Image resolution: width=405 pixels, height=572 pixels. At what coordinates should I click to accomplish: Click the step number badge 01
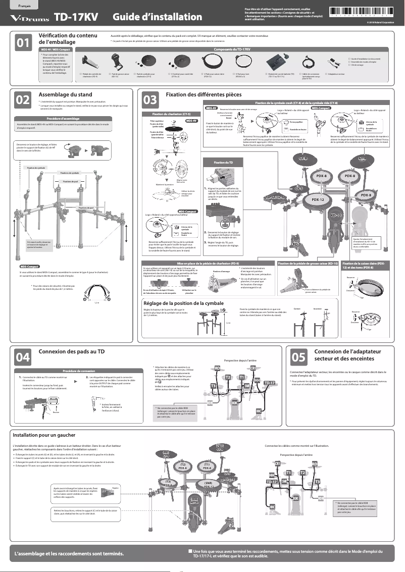(x=22, y=43)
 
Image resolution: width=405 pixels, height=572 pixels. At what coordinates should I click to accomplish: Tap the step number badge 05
(x=297, y=357)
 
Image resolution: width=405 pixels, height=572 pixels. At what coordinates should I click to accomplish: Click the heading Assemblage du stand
(x=65, y=94)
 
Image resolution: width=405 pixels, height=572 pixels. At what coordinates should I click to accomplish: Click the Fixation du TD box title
(x=223, y=162)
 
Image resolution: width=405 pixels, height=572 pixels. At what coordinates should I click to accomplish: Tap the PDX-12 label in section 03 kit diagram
(x=318, y=200)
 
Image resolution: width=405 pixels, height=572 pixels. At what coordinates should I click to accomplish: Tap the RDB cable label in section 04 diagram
(x=210, y=402)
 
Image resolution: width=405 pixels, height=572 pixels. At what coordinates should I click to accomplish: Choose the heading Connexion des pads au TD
(x=72, y=351)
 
